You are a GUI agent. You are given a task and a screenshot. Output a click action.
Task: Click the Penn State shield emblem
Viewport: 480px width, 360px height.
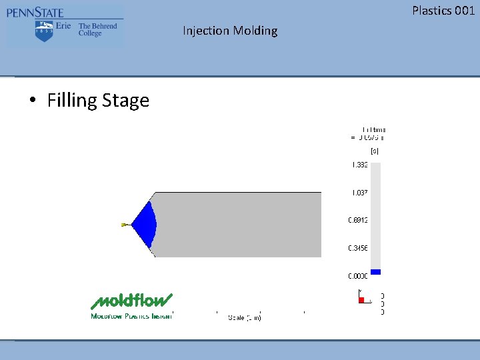point(44,30)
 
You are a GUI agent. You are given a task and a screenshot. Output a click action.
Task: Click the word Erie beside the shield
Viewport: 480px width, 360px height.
point(63,26)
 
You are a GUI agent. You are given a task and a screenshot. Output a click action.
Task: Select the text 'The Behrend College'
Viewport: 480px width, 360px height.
point(97,29)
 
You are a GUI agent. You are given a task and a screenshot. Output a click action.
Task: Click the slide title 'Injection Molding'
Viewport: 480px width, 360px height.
point(230,31)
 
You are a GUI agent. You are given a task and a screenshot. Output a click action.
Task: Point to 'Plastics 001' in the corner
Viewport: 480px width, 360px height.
point(443,10)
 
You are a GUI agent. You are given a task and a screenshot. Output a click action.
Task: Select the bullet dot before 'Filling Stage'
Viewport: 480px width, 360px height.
point(32,101)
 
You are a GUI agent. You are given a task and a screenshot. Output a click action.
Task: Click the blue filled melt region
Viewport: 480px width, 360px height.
point(145,224)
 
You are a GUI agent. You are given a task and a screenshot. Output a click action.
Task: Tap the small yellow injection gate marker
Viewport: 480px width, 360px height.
point(124,225)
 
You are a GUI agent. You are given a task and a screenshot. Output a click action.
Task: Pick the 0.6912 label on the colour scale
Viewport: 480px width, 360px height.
point(358,220)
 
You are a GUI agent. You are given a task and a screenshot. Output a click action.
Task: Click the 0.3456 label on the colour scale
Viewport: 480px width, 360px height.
point(358,247)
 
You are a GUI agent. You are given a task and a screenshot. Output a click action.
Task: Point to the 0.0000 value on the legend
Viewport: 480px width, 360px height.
point(358,275)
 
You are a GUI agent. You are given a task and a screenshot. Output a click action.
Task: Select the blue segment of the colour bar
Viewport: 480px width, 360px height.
point(375,272)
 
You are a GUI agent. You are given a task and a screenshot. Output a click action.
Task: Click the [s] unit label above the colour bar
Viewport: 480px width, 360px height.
point(375,151)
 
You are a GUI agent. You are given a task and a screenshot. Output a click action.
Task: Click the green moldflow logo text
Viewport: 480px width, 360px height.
point(132,301)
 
